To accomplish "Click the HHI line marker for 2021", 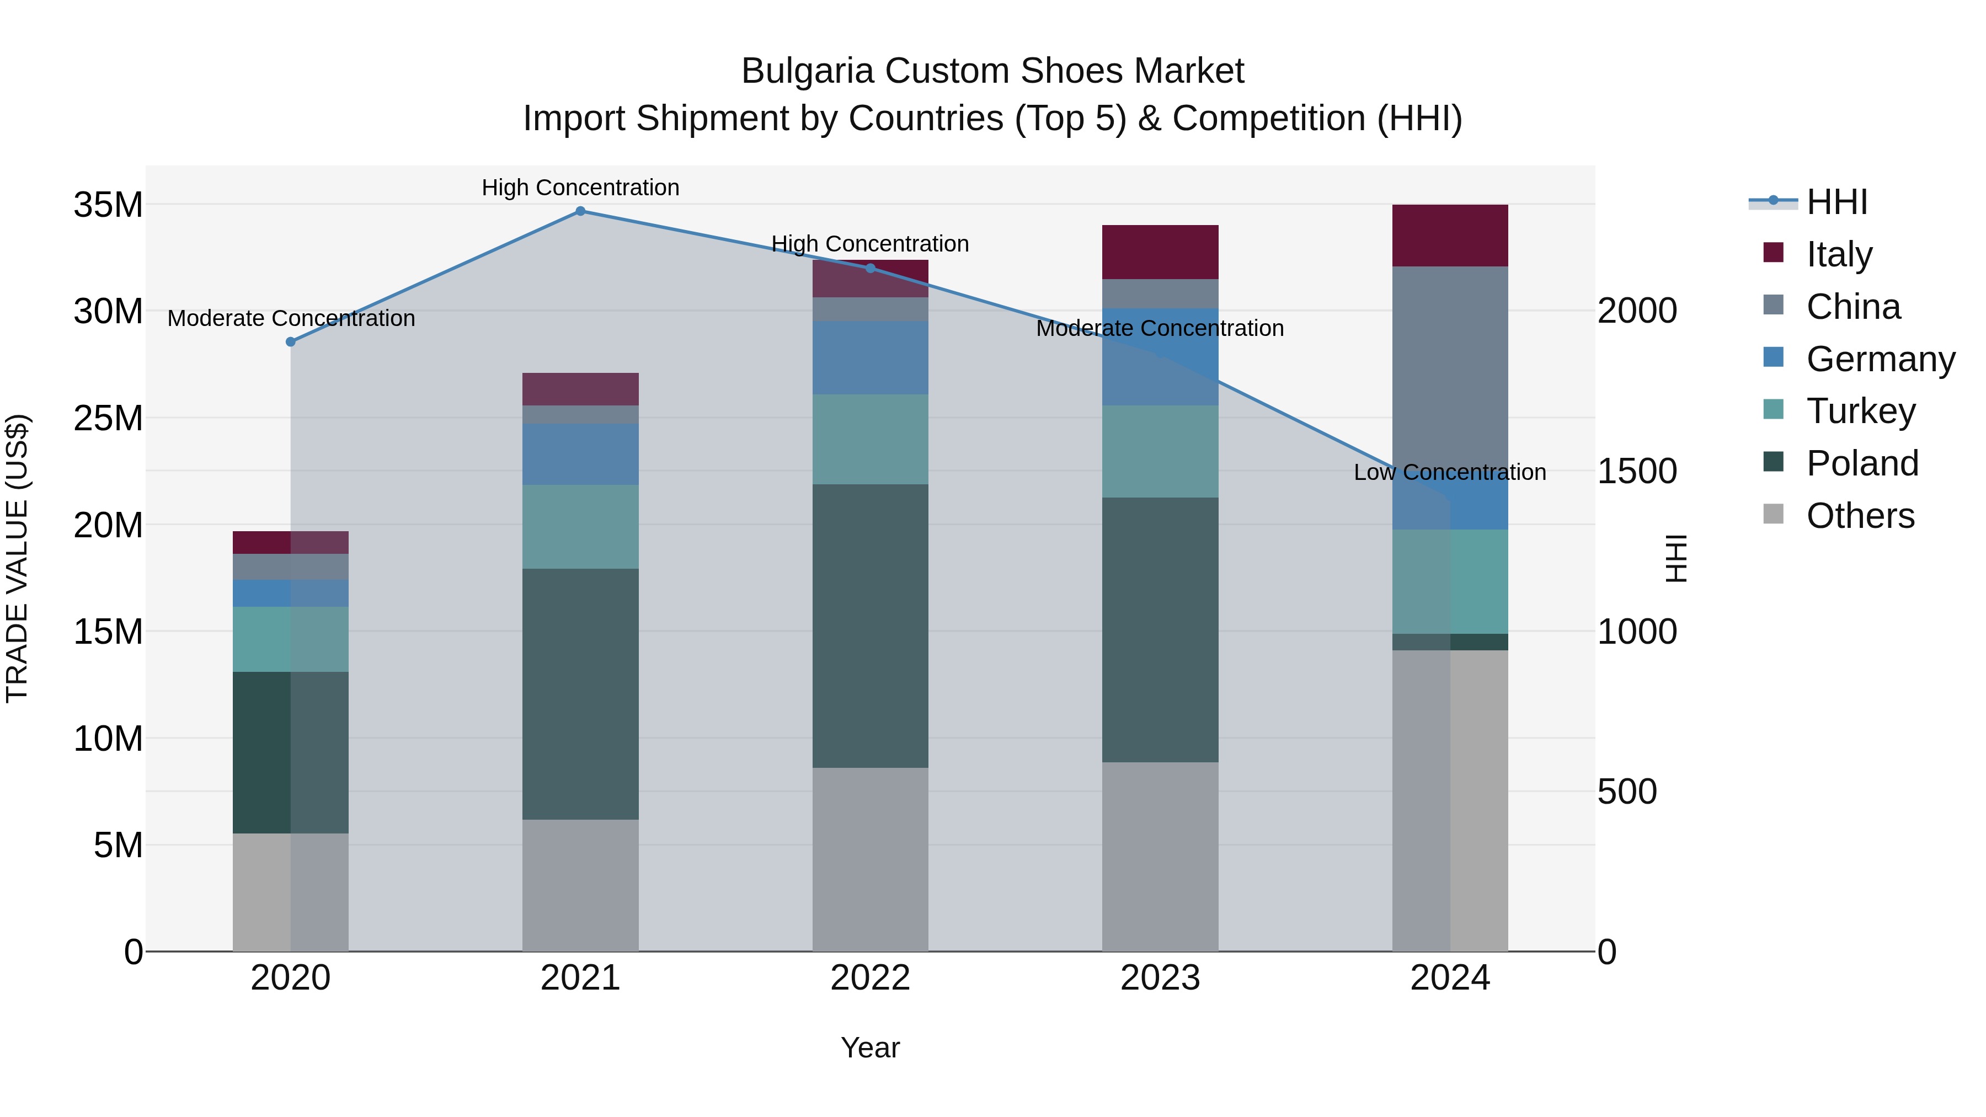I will (580, 211).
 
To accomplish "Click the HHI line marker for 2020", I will (291, 341).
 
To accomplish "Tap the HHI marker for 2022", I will (871, 268).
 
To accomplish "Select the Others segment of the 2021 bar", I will (580, 885).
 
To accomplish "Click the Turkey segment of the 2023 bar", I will (1160, 451).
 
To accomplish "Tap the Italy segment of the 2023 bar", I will (1160, 252).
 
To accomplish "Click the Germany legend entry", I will (1880, 359).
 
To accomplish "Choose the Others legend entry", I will (1860, 516).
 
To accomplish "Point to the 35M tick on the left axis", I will (108, 205).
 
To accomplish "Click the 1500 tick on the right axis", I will (1637, 471).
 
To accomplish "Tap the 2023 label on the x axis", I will (1160, 978).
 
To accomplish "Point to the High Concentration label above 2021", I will (580, 188).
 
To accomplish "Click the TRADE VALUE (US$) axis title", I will (17, 558).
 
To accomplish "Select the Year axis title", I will (871, 1047).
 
